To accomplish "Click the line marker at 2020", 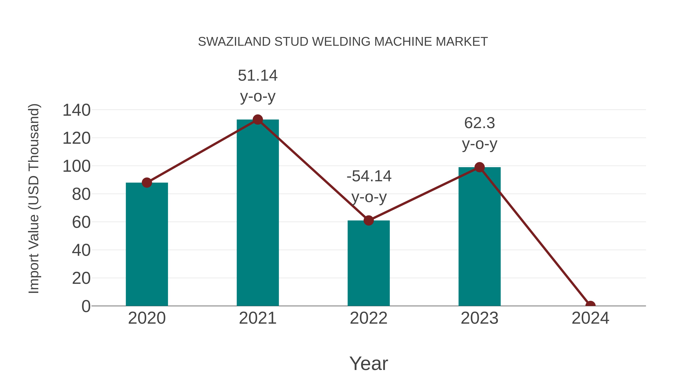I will click(147, 183).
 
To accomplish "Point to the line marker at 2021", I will click(257, 120).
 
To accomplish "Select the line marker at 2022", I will click(369, 221).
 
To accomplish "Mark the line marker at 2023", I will click(479, 167).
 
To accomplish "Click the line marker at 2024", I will click(590, 305).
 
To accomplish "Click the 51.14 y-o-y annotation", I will click(257, 86).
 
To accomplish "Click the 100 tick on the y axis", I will click(76, 166).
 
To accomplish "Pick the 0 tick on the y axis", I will click(86, 306).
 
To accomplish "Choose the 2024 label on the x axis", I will click(590, 318).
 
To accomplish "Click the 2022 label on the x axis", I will click(369, 318).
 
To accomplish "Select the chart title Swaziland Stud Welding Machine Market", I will click(343, 42).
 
